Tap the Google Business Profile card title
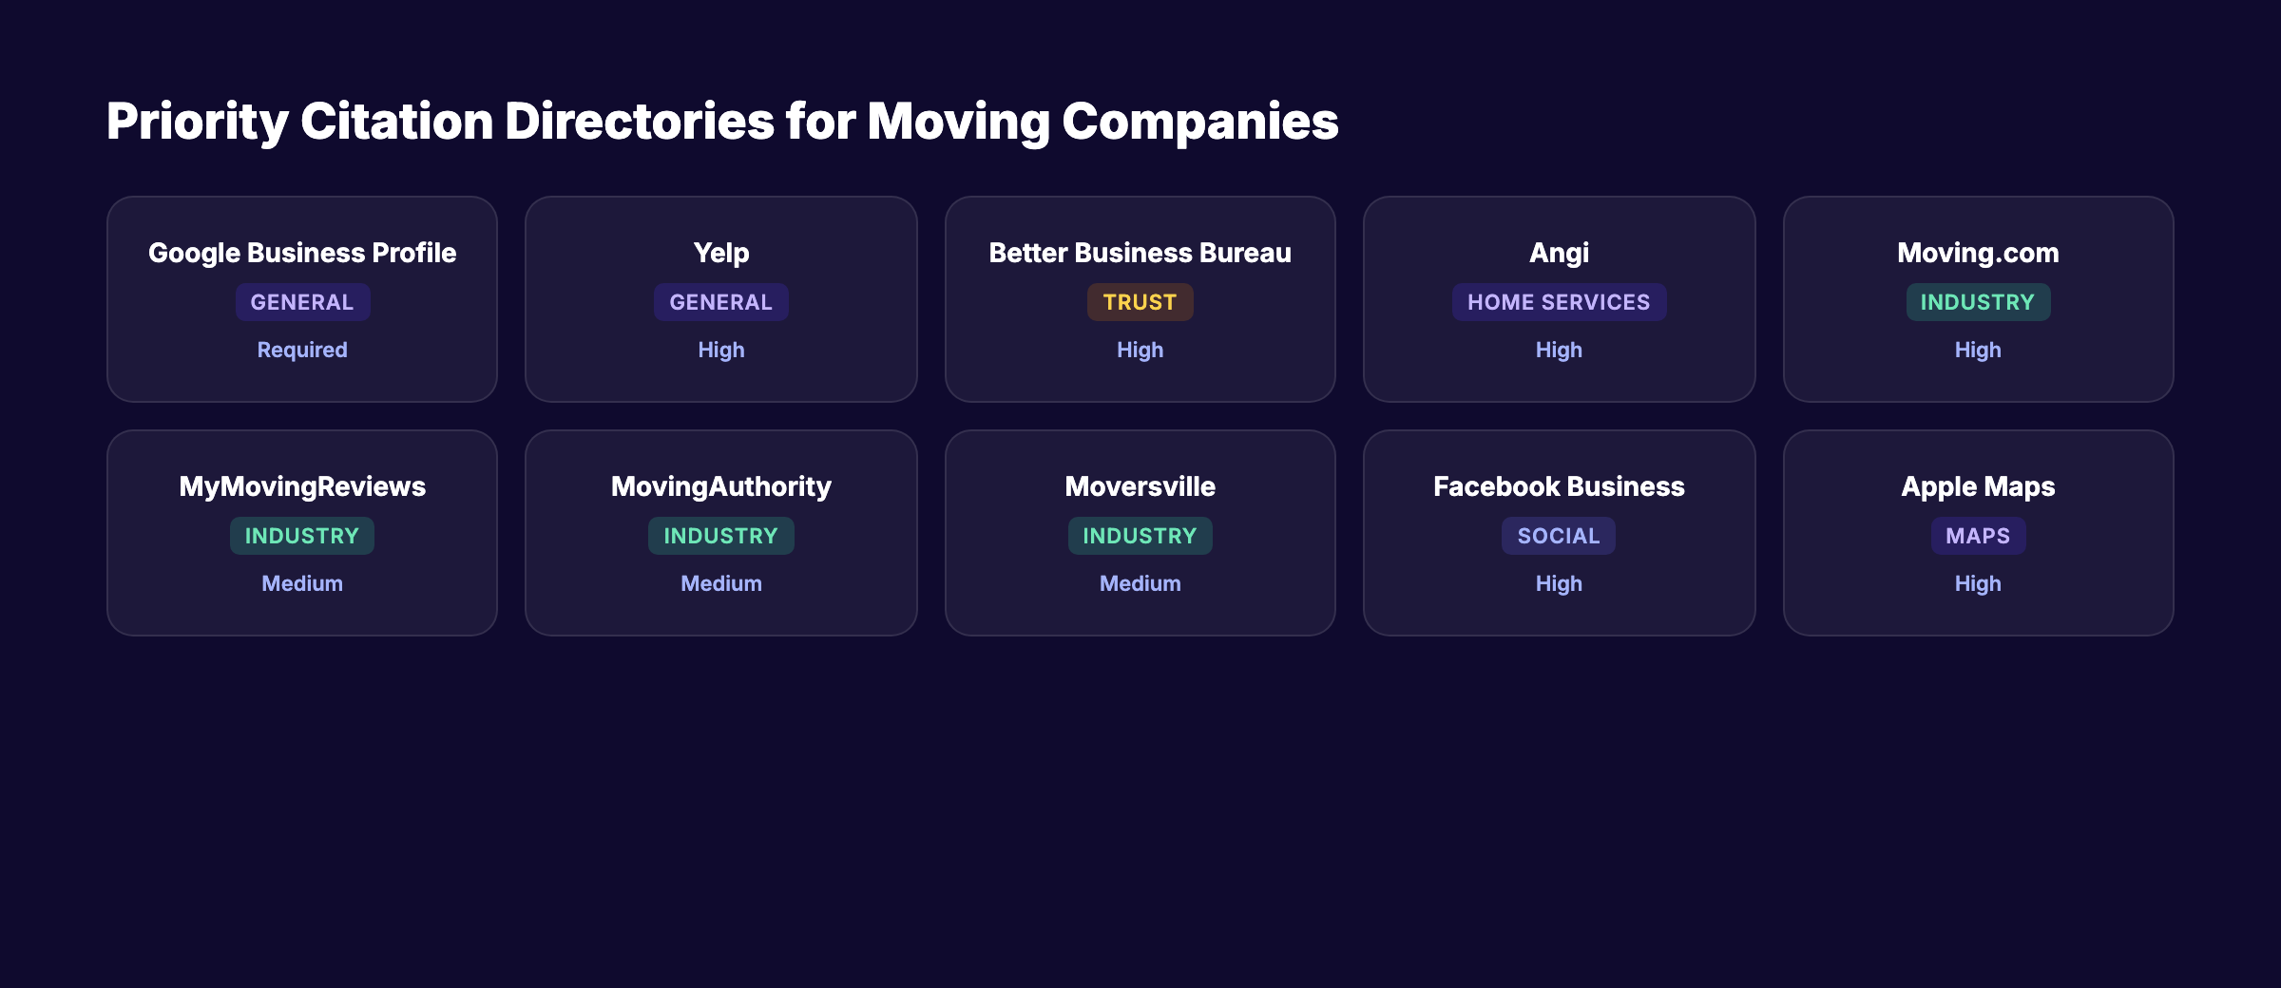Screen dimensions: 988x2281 [302, 253]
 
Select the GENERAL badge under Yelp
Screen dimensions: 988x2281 [720, 302]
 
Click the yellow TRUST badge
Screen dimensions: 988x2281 [1140, 302]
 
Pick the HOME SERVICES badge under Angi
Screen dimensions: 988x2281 [1559, 302]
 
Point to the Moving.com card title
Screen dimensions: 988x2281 [1978, 253]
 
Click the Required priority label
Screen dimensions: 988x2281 [302, 350]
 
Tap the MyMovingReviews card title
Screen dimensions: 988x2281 [302, 486]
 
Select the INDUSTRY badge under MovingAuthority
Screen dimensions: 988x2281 [720, 536]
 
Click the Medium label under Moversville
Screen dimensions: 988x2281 [1140, 583]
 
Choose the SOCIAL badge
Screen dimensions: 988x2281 [1559, 536]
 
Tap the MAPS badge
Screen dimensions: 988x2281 [1978, 536]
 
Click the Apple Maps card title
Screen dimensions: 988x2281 [1978, 486]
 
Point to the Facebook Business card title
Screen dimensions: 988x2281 [1559, 486]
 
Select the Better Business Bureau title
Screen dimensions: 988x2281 [1140, 253]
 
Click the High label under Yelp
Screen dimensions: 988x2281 [720, 350]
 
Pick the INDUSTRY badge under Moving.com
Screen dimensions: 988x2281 [1978, 302]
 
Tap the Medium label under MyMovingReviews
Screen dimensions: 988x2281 [302, 583]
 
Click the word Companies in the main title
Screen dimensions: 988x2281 [1199, 123]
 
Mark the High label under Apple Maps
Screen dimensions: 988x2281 [1978, 583]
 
